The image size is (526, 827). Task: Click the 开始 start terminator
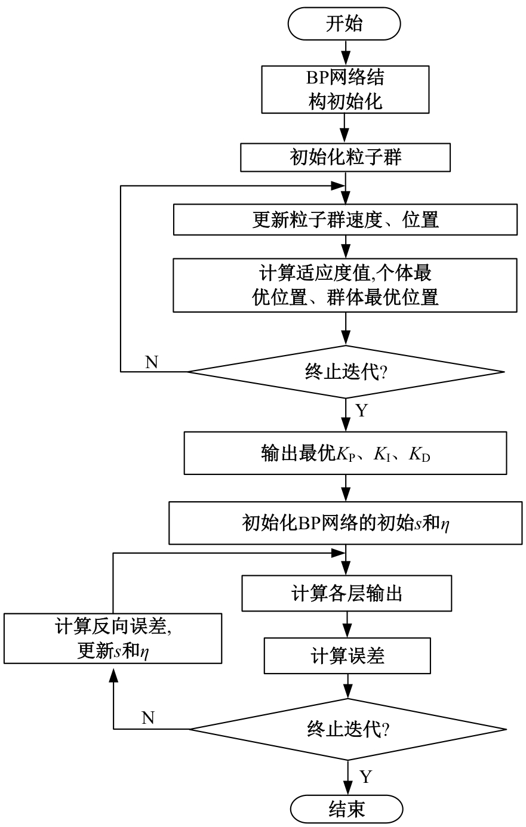pyautogui.click(x=344, y=24)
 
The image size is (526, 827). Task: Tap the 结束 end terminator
pyautogui.click(x=346, y=809)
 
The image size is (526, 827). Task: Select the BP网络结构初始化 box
pyautogui.click(x=346, y=89)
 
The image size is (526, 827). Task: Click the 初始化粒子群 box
pyautogui.click(x=346, y=157)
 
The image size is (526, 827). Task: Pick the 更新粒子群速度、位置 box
pyautogui.click(x=346, y=220)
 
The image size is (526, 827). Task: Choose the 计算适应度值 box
pyautogui.click(x=346, y=285)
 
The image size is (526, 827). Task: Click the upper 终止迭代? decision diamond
pyautogui.click(x=346, y=372)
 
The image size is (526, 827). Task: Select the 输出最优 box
pyautogui.click(x=346, y=453)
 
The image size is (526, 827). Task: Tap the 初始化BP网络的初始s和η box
pyautogui.click(x=346, y=523)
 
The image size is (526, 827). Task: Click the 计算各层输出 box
pyautogui.click(x=347, y=593)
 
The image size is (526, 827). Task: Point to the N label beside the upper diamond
pyautogui.click(x=152, y=362)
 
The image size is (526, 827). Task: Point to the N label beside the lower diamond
pyautogui.click(x=148, y=718)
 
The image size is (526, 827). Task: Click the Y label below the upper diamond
pyautogui.click(x=361, y=411)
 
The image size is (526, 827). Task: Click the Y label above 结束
pyautogui.click(x=366, y=776)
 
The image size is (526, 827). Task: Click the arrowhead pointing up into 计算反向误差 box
pyautogui.click(x=113, y=671)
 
